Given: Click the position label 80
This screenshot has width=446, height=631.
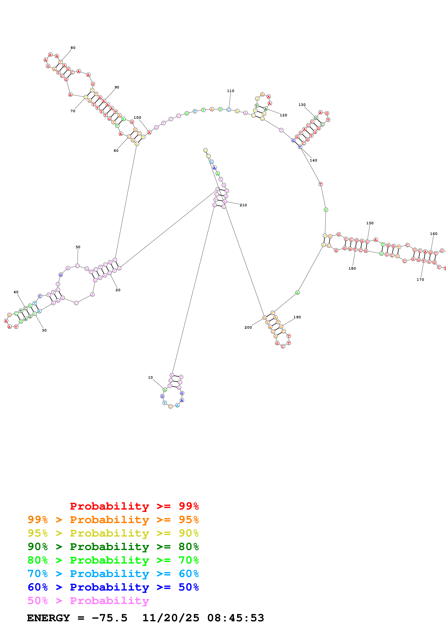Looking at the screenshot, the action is (73, 48).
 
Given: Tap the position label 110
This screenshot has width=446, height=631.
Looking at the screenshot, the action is (231, 91).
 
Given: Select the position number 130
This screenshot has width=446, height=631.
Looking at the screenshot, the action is (302, 105).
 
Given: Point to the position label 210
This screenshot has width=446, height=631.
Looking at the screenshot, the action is (243, 205).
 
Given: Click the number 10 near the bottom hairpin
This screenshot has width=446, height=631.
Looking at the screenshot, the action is (150, 377).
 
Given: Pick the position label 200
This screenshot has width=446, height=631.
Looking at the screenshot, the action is (248, 327).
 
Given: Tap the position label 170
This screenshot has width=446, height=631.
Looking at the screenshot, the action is (420, 280).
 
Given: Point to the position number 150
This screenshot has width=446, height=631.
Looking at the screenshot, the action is (370, 223).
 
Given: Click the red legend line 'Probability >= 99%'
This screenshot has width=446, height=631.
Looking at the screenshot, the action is (134, 506).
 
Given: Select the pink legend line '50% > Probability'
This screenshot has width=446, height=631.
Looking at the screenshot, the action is (88, 600).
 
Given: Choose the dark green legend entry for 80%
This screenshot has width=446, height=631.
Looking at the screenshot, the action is (113, 547).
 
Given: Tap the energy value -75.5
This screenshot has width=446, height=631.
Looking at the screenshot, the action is (109, 618).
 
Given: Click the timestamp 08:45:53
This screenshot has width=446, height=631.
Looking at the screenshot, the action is (236, 618).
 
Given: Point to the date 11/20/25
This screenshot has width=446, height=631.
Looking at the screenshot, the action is (171, 618).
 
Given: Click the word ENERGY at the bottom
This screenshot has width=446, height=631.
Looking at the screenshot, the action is (48, 618).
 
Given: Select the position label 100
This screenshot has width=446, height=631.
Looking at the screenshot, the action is (137, 118).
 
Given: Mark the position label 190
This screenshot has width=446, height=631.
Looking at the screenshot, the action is (297, 317).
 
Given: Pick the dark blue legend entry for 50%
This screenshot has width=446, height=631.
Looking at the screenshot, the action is (113, 587).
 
